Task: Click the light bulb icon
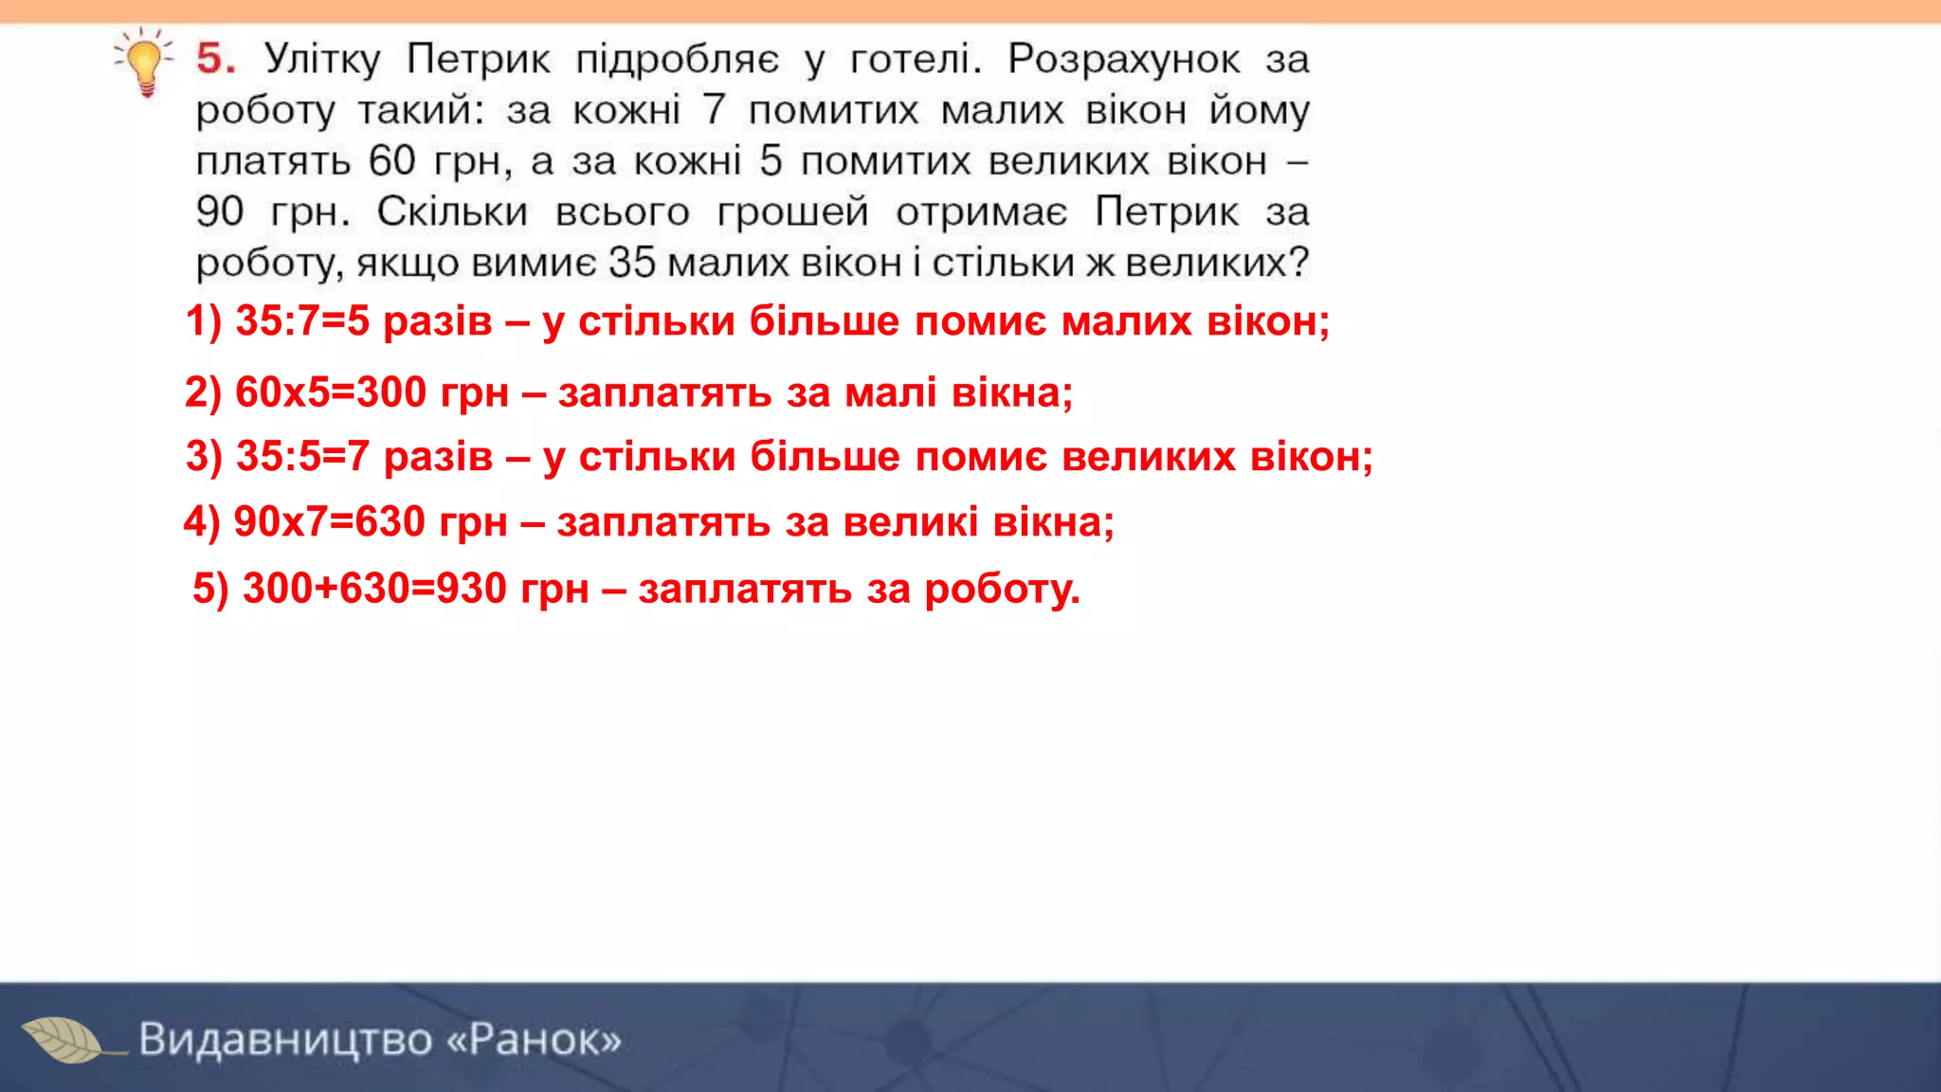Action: tap(145, 62)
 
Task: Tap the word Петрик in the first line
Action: tap(478, 60)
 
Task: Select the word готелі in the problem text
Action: tap(915, 60)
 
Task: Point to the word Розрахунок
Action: tap(1123, 60)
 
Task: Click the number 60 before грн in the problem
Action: tap(392, 161)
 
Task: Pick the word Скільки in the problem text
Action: tap(452, 212)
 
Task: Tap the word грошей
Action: tap(792, 212)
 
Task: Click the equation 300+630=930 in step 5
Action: tap(374, 589)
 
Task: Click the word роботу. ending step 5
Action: tap(1002, 590)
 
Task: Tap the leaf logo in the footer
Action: tap(64, 1040)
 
